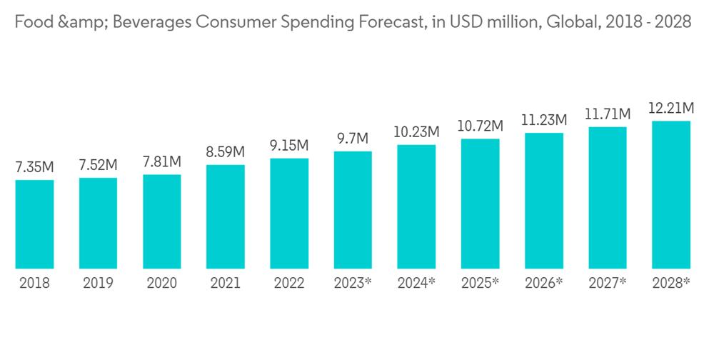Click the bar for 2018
pyautogui.click(x=34, y=224)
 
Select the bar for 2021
pyautogui.click(x=226, y=216)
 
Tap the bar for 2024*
pyautogui.click(x=416, y=206)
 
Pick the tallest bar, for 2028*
pyautogui.click(x=671, y=194)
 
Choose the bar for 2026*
pyautogui.click(x=544, y=201)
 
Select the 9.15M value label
pyautogui.click(x=289, y=146)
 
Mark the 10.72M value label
pyautogui.click(x=480, y=126)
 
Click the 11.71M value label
pyautogui.click(x=608, y=114)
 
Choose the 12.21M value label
pyautogui.click(x=671, y=109)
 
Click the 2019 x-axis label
pyautogui.click(x=98, y=283)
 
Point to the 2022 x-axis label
pyautogui.click(x=289, y=283)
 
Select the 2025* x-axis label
pyautogui.click(x=480, y=283)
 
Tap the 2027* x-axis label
pyautogui.click(x=608, y=283)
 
